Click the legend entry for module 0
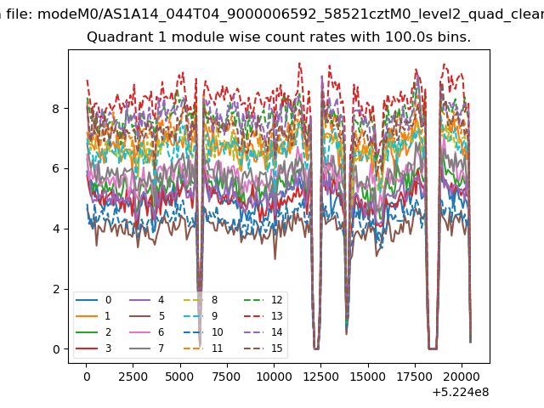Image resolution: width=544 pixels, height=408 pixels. [x=93, y=300]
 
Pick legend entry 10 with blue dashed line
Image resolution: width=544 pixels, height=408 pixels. [x=203, y=332]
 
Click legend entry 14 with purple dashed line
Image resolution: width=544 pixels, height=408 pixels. [x=263, y=332]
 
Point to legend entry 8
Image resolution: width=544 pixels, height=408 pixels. [x=201, y=300]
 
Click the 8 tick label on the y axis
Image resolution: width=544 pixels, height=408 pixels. [x=56, y=109]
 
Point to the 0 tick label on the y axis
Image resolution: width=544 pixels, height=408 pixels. [x=56, y=349]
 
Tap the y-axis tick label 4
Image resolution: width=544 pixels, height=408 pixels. [x=56, y=229]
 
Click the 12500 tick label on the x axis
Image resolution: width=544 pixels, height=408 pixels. [x=321, y=377]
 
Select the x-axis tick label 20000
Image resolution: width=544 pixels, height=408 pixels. [x=462, y=377]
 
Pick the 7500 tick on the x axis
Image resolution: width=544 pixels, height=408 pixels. [x=227, y=377]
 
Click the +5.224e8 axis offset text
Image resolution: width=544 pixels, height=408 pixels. [x=461, y=392]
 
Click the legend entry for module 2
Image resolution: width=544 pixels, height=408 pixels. [x=93, y=332]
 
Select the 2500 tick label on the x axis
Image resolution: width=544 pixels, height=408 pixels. [x=133, y=377]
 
